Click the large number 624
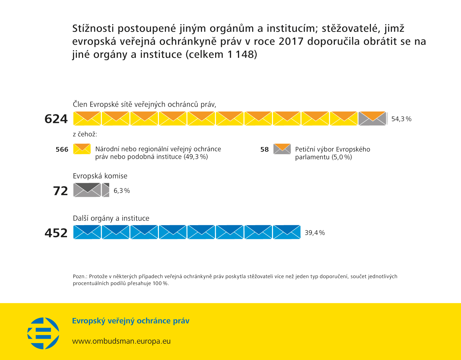(x=56, y=119)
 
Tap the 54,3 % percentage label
(x=401, y=119)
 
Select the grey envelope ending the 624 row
(x=372, y=119)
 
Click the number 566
(x=62, y=150)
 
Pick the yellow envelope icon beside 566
(x=82, y=149)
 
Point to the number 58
(x=264, y=150)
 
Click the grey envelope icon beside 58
(x=282, y=149)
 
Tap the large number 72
(x=60, y=191)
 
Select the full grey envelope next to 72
(x=87, y=190)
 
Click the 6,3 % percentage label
(x=122, y=191)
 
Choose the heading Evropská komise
(x=100, y=176)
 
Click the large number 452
(x=56, y=233)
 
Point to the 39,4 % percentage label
(x=315, y=233)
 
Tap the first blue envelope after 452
(x=87, y=232)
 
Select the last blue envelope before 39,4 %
(x=286, y=232)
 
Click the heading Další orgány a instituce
(x=111, y=218)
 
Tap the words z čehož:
(x=85, y=134)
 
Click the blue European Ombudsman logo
(x=43, y=333)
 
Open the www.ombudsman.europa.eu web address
(x=121, y=341)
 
